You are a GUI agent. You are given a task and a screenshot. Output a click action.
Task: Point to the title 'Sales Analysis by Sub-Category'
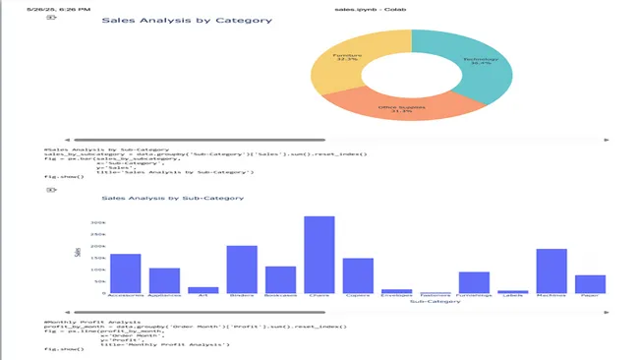(x=172, y=198)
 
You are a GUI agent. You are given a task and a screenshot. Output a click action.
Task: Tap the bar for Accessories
(x=125, y=272)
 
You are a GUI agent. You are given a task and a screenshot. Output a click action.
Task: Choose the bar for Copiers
(x=358, y=274)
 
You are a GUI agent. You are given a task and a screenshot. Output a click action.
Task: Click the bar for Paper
(x=590, y=283)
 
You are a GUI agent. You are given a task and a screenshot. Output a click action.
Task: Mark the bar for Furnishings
(x=474, y=282)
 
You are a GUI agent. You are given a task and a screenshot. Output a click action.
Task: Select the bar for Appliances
(x=164, y=279)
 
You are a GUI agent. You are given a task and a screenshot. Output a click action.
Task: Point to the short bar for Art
(x=203, y=289)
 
